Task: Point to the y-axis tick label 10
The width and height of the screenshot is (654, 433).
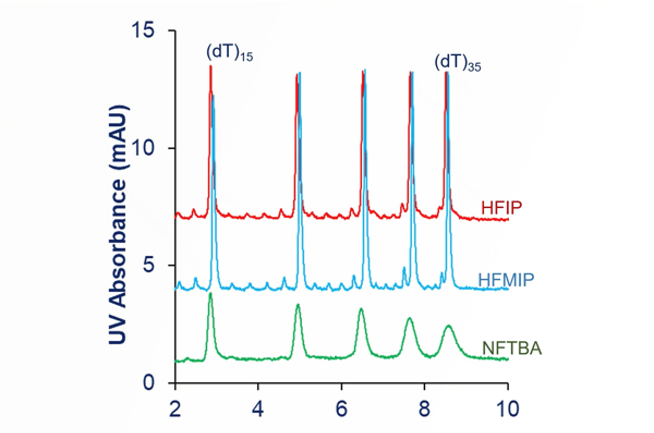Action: pyautogui.click(x=143, y=147)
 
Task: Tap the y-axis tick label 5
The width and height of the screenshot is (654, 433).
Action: pyautogui.click(x=149, y=265)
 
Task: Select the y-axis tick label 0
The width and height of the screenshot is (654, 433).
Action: pyautogui.click(x=149, y=382)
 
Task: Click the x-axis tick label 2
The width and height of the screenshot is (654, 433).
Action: pyautogui.click(x=175, y=408)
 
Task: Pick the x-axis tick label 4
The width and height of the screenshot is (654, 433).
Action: pyautogui.click(x=258, y=408)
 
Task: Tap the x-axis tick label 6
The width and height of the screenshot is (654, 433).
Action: pyautogui.click(x=341, y=408)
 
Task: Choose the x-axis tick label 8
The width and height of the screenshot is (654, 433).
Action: pyautogui.click(x=424, y=408)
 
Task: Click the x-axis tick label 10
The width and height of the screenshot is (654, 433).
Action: pyautogui.click(x=507, y=408)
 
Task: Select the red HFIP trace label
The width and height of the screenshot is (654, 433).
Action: pyautogui.click(x=501, y=208)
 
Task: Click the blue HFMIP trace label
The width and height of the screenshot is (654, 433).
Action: pyautogui.click(x=506, y=280)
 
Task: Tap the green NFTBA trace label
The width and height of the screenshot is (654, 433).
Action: pyautogui.click(x=511, y=348)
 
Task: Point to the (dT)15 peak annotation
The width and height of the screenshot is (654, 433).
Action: pyautogui.click(x=229, y=52)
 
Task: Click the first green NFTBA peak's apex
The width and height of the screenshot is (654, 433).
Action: pyautogui.click(x=211, y=293)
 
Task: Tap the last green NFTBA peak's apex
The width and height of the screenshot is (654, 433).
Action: pyautogui.click(x=449, y=326)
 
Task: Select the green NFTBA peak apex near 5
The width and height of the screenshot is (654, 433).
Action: pyautogui.click(x=298, y=305)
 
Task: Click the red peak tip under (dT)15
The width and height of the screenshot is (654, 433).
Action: pyautogui.click(x=211, y=66)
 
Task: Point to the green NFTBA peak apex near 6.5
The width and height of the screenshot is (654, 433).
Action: pyautogui.click(x=361, y=309)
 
